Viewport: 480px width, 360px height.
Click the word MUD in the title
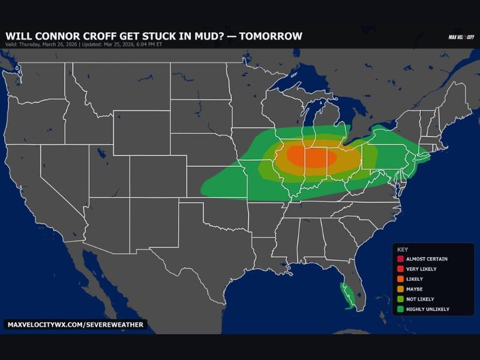(206, 36)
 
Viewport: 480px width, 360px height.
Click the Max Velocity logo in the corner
(461, 37)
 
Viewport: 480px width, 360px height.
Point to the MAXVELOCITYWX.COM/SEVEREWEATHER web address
(76, 325)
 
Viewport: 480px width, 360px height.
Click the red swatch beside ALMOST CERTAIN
(400, 259)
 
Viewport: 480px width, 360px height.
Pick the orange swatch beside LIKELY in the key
(400, 279)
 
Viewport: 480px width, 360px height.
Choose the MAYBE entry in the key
(414, 289)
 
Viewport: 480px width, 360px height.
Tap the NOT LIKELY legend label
(420, 299)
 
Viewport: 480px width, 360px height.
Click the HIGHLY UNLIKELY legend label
(427, 309)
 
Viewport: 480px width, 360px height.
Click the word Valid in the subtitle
(11, 44)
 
